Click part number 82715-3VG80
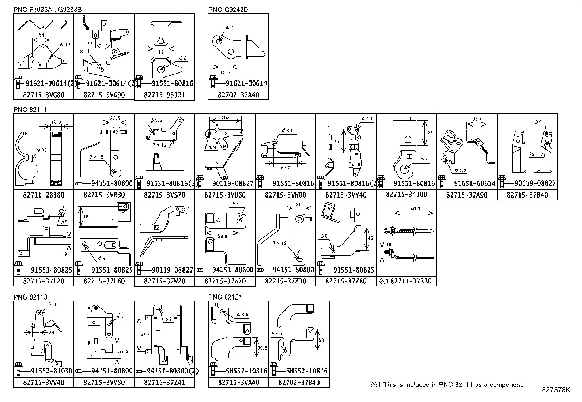[44, 95]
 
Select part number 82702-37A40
[238, 95]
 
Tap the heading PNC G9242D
[228, 10]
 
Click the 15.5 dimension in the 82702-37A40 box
[225, 72]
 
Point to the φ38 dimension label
[42, 150]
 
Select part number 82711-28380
[44, 195]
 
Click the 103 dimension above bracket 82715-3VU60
[225, 118]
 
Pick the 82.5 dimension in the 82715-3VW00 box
[286, 167]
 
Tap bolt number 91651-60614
[475, 183]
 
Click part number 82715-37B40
[527, 195]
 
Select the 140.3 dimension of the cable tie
[413, 209]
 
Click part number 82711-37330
[411, 281]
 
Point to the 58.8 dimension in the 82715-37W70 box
[222, 236]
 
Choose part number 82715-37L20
[44, 281]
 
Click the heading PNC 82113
[30, 297]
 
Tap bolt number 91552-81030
[46, 371]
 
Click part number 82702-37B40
[299, 383]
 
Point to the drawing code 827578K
[556, 390]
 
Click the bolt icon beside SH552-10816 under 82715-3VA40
[213, 369]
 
